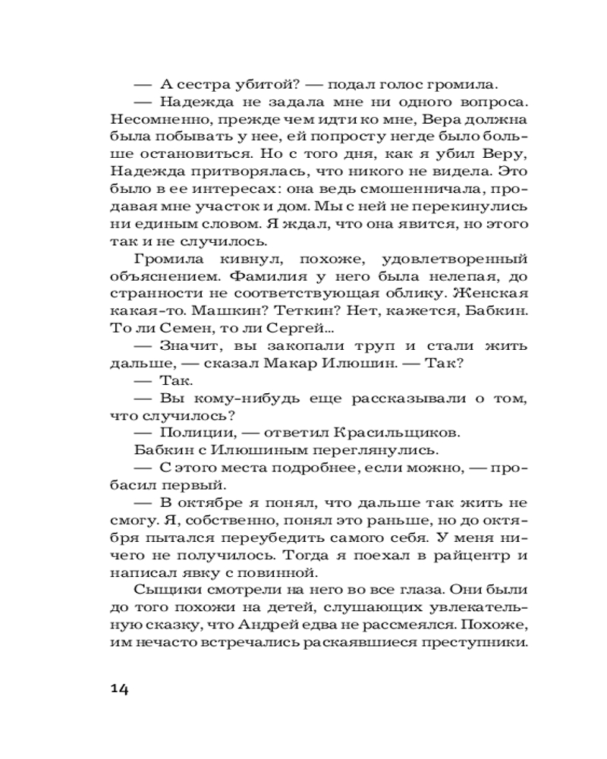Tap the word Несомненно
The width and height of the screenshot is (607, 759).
[153, 120]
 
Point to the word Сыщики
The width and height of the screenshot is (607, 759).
[164, 590]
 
